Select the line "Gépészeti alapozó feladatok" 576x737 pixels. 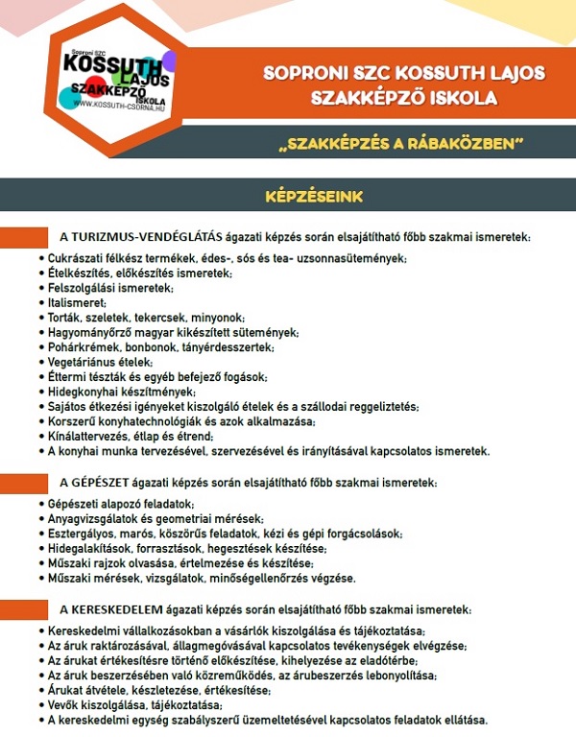(121, 504)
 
